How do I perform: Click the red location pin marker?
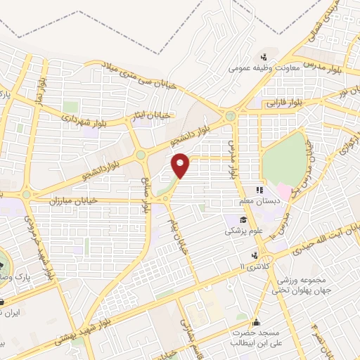[x=181, y=165]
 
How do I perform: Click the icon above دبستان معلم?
[x=258, y=190]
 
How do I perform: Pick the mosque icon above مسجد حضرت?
[x=256, y=314]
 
